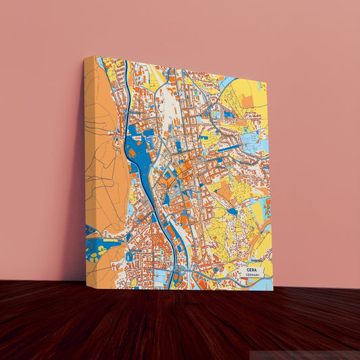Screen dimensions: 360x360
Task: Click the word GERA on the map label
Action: (251, 269)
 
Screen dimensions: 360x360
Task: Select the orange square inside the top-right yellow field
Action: (247, 101)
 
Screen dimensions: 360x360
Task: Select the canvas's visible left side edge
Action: (88, 169)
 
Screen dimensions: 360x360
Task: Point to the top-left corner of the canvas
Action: (84, 57)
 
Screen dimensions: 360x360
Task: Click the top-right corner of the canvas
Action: (267, 82)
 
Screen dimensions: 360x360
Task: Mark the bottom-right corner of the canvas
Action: (273, 290)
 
